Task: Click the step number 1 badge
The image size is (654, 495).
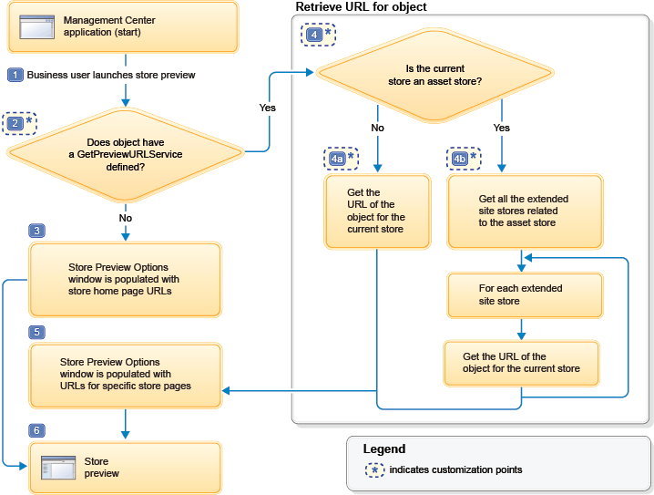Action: pyautogui.click(x=15, y=75)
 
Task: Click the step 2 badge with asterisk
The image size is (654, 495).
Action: pyautogui.click(x=20, y=122)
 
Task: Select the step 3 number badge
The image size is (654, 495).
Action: pyautogui.click(x=36, y=232)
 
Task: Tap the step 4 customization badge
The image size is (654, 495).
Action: pyautogui.click(x=318, y=35)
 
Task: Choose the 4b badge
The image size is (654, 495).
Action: pyautogui.click(x=464, y=159)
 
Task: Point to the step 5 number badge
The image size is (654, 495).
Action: pyautogui.click(x=36, y=333)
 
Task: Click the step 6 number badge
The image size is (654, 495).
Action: pyautogui.click(x=36, y=429)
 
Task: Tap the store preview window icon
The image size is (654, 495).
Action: pyautogui.click(x=58, y=468)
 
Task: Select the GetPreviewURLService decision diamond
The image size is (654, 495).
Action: pyautogui.click(x=125, y=149)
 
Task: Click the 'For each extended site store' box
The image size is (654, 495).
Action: pyautogui.click(x=525, y=294)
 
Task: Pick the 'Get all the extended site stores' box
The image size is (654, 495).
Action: pyautogui.click(x=525, y=211)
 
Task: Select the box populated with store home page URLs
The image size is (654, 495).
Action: pyautogui.click(x=125, y=280)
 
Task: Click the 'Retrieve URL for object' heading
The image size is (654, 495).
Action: pyautogui.click(x=362, y=7)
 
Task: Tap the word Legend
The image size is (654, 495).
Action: pyautogui.click(x=383, y=449)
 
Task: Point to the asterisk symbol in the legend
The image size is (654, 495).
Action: pyautogui.click(x=373, y=470)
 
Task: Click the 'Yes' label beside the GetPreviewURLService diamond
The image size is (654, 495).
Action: pyautogui.click(x=267, y=108)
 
